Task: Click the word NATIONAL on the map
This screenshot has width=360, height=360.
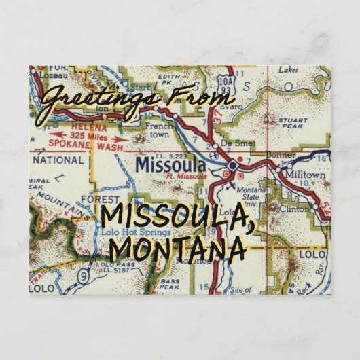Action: (59, 161)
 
